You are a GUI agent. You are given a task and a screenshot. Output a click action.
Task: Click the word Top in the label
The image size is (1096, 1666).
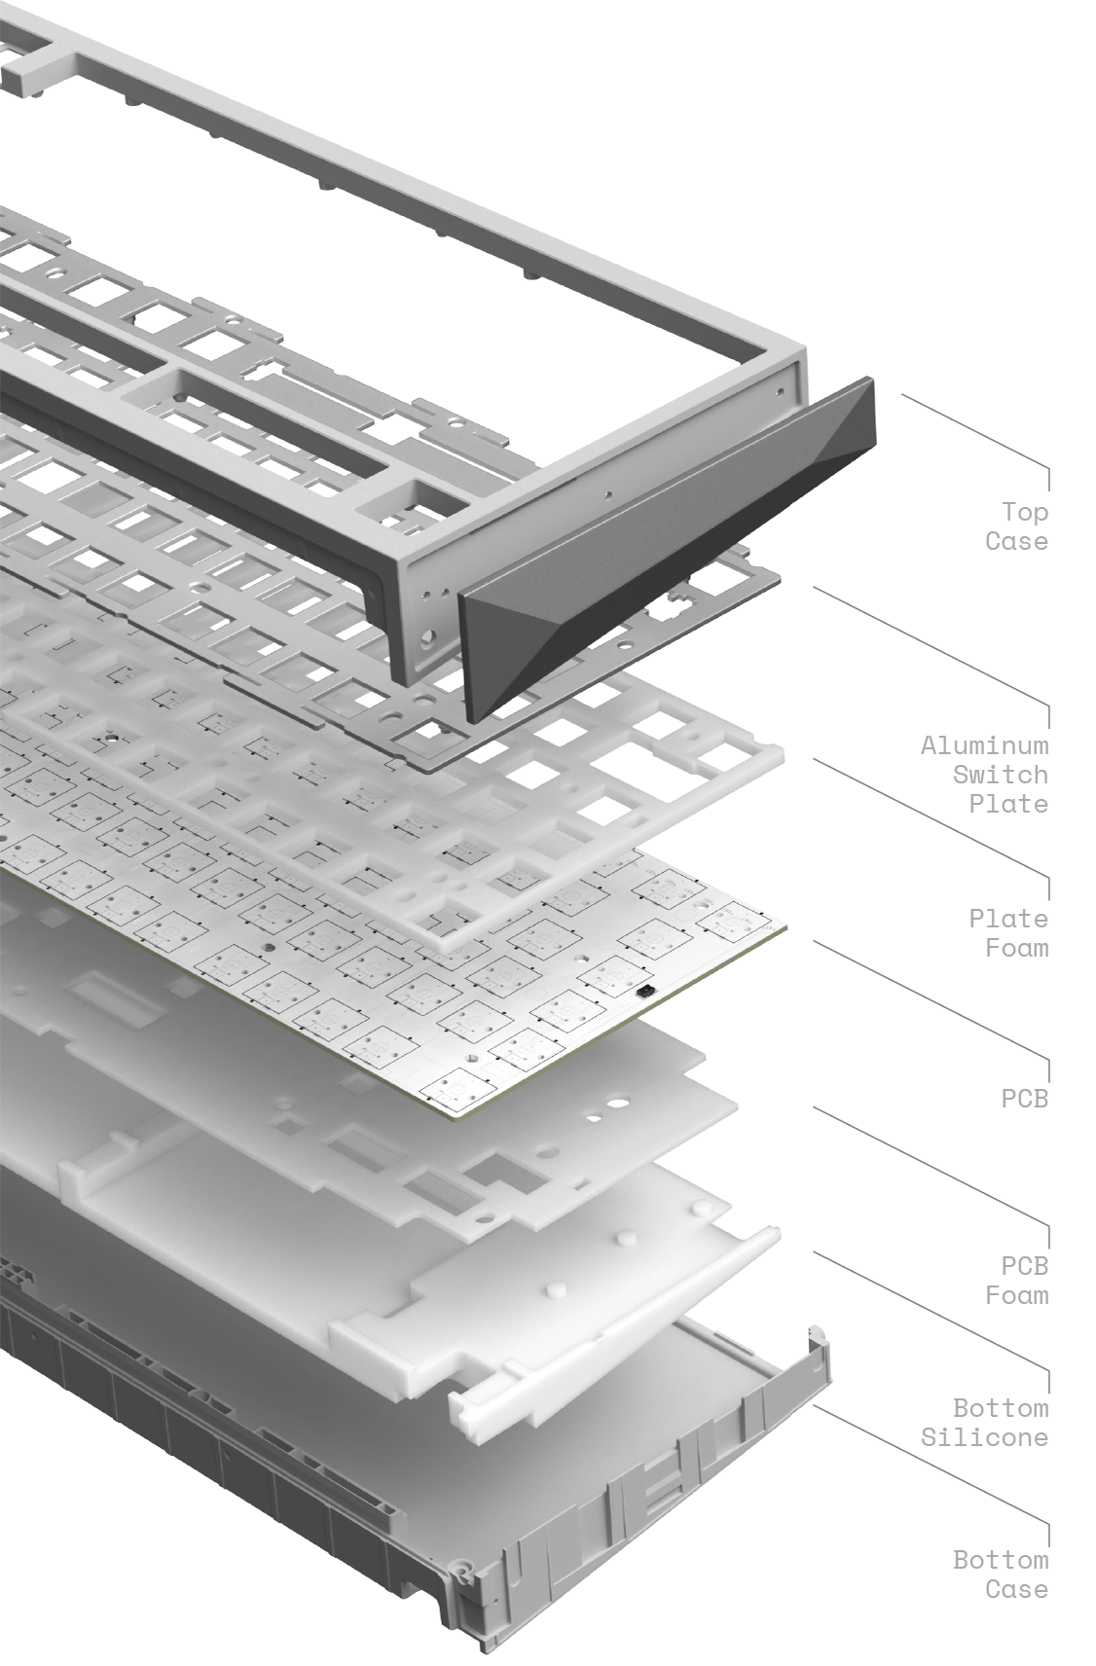(x=1025, y=512)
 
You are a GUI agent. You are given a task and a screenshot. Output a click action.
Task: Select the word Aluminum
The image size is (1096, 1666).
(x=984, y=745)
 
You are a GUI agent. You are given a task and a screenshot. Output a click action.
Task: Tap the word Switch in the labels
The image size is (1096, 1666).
(x=1001, y=775)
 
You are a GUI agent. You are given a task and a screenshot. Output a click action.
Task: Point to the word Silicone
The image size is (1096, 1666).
(x=984, y=1437)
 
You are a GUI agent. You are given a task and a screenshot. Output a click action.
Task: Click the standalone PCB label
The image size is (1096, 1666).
(x=1025, y=1098)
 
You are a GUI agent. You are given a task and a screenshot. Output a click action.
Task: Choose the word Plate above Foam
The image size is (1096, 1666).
(x=1008, y=919)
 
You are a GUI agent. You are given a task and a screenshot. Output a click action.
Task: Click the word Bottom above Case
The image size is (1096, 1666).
(x=1001, y=1560)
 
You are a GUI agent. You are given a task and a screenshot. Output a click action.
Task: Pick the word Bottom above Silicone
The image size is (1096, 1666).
(x=1001, y=1408)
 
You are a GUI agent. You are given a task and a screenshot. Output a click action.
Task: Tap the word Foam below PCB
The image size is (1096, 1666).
(x=1017, y=1295)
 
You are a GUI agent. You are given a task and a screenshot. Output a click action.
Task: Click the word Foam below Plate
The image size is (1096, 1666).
(x=1017, y=948)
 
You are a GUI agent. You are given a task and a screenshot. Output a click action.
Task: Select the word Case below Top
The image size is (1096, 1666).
(x=1017, y=541)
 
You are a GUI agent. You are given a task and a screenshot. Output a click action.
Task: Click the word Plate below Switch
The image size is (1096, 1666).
(x=1008, y=803)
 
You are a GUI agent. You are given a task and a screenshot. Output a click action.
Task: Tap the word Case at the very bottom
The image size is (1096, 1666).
(x=1017, y=1589)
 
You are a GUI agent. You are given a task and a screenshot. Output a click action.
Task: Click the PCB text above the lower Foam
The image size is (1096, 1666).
(x=1025, y=1265)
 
